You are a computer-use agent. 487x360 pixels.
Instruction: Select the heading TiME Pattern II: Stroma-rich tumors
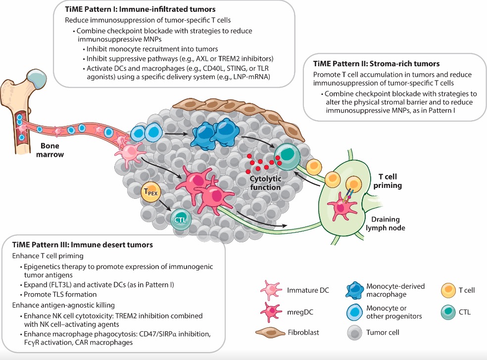click(x=377, y=64)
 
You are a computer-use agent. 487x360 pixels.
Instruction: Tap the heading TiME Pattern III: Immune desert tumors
click(x=83, y=245)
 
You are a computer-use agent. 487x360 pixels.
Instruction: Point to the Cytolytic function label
click(x=265, y=183)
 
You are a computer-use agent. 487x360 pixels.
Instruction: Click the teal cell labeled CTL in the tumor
click(x=180, y=218)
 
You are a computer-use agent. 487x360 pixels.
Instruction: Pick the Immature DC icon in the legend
click(x=272, y=290)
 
